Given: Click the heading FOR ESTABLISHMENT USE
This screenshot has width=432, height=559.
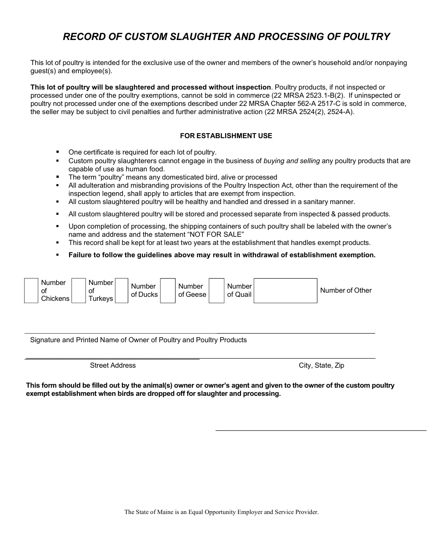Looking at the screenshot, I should pos(226,136).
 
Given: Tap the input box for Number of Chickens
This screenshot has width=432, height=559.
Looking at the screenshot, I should pos(31,291).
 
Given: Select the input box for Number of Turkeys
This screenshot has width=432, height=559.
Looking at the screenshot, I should pos(79,291).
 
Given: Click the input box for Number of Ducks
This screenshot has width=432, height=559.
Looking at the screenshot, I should pos(121,291).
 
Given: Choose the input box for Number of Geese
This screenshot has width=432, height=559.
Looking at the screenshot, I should pos(168,291).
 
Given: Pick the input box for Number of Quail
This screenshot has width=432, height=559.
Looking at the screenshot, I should pos(216,291).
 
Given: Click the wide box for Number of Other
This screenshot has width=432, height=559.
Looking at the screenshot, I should pos(285,291).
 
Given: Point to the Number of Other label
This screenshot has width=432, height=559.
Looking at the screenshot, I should pos(346,290).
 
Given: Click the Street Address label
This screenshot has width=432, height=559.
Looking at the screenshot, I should pos(113,365).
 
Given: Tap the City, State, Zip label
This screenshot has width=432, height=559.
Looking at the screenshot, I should pos(321,365).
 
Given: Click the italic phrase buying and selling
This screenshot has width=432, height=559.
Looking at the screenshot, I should pos(291,161).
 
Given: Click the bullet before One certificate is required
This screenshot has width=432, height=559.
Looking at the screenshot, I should pos(58,152).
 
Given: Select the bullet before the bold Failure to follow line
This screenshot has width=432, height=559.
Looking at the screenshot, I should pos(58,255).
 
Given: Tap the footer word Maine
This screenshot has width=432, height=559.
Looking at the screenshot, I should pos(165,512).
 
